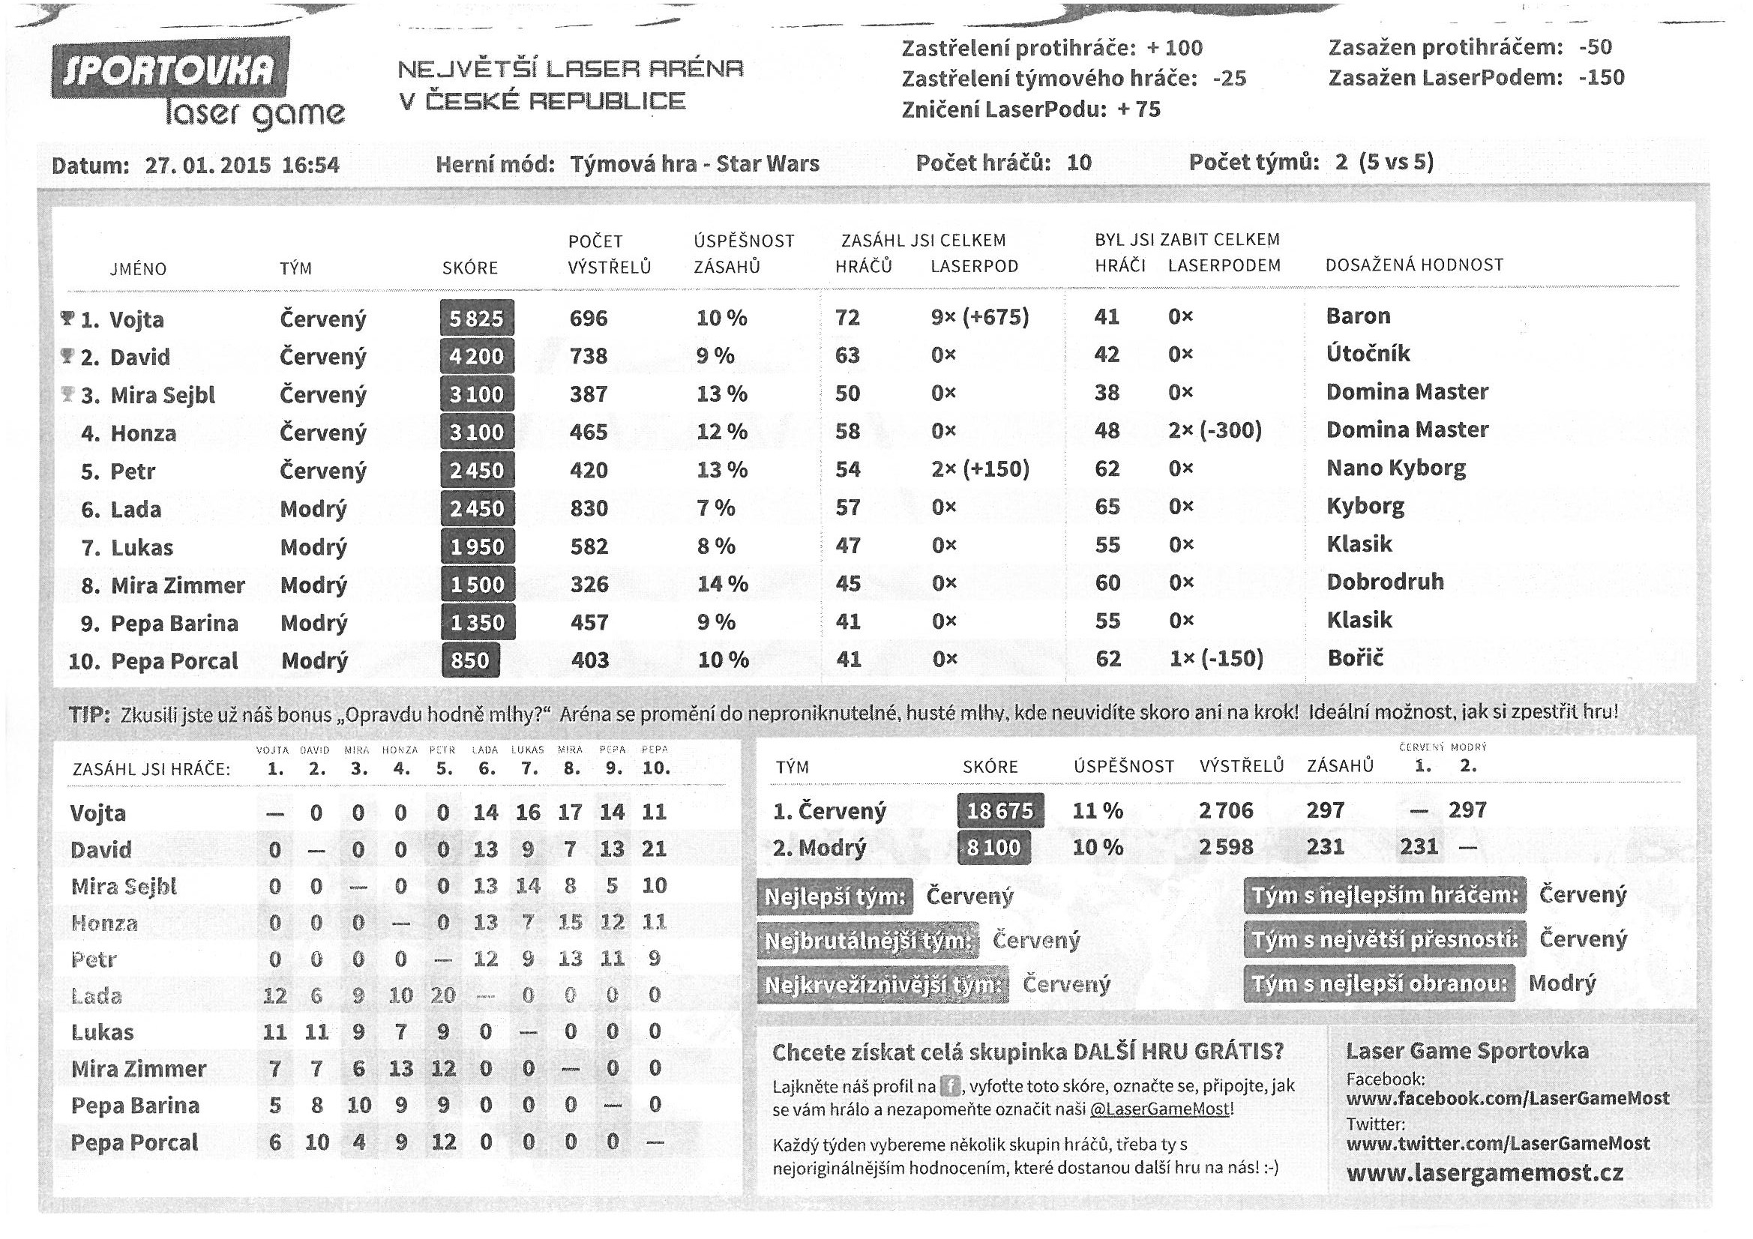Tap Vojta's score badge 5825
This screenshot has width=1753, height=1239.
[x=476, y=319]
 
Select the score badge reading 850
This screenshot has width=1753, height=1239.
[x=470, y=660]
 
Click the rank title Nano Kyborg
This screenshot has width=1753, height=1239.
[x=1395, y=468]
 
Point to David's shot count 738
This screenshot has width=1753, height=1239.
[x=588, y=356]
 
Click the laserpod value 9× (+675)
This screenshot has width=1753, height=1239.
[x=979, y=317]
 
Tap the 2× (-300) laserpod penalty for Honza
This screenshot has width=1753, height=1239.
[x=1214, y=430]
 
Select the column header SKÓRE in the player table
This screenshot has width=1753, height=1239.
[x=469, y=268]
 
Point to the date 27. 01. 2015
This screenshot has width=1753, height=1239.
[x=207, y=166]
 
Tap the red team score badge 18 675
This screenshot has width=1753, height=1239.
[x=999, y=811]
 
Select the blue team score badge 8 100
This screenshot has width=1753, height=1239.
[x=993, y=848]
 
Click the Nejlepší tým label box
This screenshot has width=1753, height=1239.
[x=835, y=896]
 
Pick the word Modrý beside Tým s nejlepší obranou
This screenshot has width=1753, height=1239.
[x=1561, y=983]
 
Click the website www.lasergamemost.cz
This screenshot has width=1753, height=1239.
[x=1485, y=1173]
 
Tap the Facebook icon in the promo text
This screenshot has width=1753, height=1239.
[x=950, y=1085]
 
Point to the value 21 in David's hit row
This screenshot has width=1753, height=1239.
[x=654, y=849]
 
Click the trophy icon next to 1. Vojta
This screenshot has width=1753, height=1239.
[x=67, y=318]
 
